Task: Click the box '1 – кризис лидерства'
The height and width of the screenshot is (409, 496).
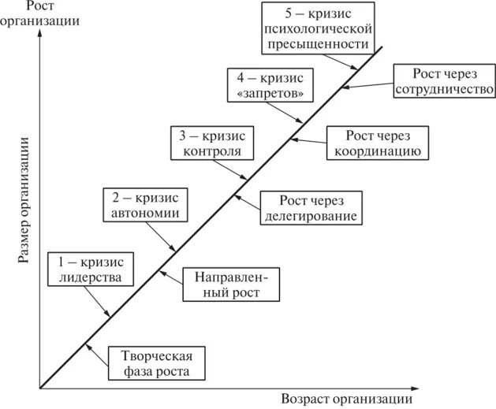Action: coord(91,270)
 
